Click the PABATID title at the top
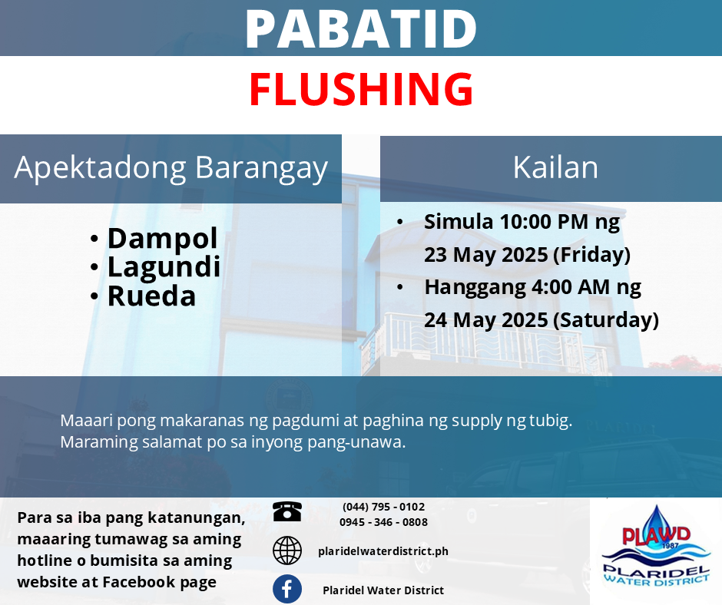click(x=361, y=28)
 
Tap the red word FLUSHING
click(x=362, y=89)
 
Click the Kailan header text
click(x=555, y=167)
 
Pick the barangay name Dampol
click(x=163, y=239)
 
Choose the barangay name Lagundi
click(x=164, y=267)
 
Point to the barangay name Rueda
click(x=151, y=296)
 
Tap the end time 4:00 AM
click(x=571, y=287)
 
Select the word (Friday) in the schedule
click(x=591, y=255)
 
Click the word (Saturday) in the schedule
click(x=606, y=320)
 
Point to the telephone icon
click(x=287, y=511)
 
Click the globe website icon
click(x=287, y=550)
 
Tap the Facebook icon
click(x=287, y=589)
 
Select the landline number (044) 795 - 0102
click(x=383, y=507)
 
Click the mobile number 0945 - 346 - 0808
click(x=383, y=522)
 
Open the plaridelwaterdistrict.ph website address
click(x=383, y=551)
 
